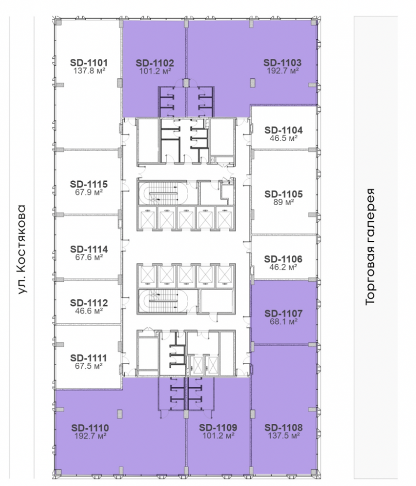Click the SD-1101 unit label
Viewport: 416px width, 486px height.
tap(89, 63)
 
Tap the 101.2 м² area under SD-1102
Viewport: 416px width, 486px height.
tap(155, 71)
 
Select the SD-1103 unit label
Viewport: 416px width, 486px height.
tap(282, 63)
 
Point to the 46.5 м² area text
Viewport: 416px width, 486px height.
tap(283, 138)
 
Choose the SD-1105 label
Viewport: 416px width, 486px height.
tap(283, 194)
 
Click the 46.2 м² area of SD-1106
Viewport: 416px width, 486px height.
tap(283, 267)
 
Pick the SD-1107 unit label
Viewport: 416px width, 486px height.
tap(283, 313)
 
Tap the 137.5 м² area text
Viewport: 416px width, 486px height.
tap(284, 436)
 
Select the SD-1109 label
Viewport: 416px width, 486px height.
tap(218, 428)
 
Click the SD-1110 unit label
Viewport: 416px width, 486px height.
tap(90, 428)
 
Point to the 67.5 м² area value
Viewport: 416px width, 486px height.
tap(89, 366)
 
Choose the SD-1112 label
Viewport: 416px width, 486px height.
tap(89, 302)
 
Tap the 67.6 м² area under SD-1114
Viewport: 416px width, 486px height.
tap(89, 257)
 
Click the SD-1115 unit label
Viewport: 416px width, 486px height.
tap(89, 184)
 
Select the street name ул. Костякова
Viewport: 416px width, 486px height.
tap(21, 249)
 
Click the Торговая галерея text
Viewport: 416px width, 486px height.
tap(371, 247)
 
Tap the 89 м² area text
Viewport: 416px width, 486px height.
tap(283, 202)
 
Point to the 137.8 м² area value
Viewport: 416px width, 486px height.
tap(89, 71)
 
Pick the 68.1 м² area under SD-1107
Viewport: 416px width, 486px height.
tap(283, 321)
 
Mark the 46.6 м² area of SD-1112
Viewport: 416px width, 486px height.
tap(89, 311)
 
